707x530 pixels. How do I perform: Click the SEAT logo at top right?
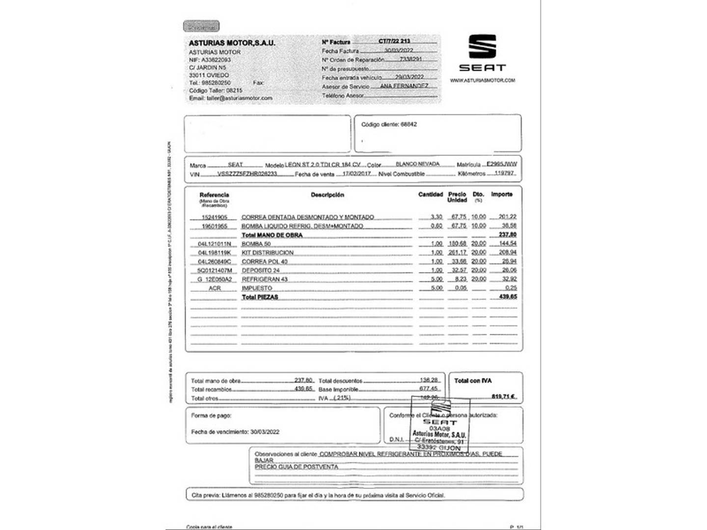482,53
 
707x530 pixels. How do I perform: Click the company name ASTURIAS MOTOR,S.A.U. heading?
232,43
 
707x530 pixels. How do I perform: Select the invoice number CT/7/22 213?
394,41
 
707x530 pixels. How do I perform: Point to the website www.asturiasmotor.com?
482,80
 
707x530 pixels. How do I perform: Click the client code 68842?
408,125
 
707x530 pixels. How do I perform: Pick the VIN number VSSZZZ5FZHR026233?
247,174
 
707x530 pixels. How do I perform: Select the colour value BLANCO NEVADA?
417,164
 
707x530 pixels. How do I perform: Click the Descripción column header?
327,195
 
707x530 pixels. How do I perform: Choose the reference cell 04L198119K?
214,253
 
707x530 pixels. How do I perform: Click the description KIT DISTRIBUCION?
268,253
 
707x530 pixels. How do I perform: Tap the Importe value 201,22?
507,216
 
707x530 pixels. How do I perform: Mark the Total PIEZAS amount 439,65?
508,297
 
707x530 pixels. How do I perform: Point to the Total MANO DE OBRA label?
272,235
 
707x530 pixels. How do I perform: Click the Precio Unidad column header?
457,197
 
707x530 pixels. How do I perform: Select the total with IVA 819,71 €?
503,397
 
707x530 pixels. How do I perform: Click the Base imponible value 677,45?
428,389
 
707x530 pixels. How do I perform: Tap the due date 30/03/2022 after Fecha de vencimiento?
265,432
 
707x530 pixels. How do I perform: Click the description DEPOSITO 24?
260,270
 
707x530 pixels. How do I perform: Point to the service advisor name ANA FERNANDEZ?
404,86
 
